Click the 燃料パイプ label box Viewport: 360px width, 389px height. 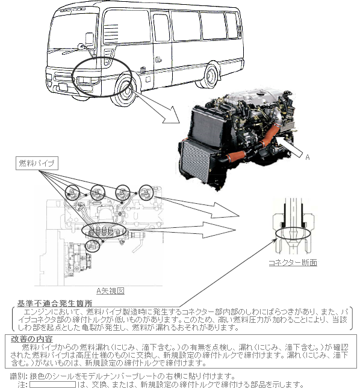(37, 163)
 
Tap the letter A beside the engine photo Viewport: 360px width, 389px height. (308, 157)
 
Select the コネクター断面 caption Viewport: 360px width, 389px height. (293, 263)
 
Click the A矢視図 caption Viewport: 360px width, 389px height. (110, 291)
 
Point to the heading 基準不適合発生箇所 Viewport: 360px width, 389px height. (55, 303)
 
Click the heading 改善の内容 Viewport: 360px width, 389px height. (31, 339)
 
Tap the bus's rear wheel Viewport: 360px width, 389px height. (211, 75)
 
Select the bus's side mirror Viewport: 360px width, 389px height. (90, 39)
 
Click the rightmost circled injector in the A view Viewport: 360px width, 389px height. (146, 192)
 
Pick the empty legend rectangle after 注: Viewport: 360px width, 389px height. (52, 385)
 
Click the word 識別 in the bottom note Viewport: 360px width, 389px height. (17, 376)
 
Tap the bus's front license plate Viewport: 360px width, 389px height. (61, 87)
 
